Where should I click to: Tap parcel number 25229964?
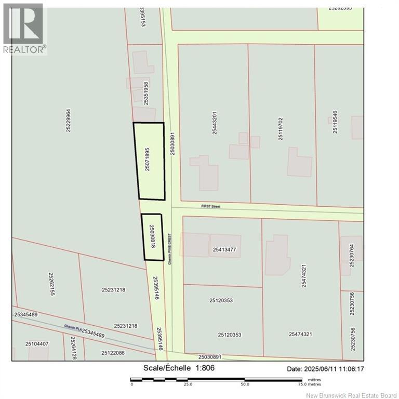(x=69, y=120)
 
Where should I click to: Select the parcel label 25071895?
(x=148, y=159)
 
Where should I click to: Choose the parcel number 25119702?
(x=281, y=125)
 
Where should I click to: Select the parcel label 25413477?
(x=224, y=250)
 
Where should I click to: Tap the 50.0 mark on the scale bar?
(x=244, y=385)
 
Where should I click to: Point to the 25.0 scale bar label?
(x=188, y=385)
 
